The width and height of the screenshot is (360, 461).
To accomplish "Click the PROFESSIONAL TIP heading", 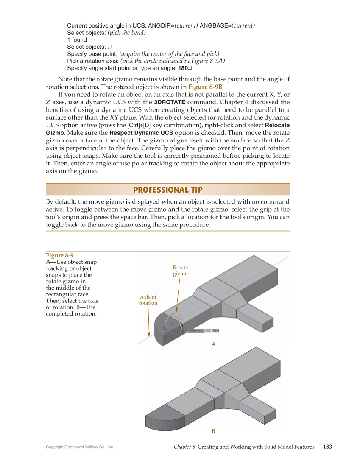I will [x=168, y=190].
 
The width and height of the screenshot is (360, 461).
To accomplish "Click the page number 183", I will [x=327, y=447].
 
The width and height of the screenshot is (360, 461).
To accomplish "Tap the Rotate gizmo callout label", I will [x=180, y=271].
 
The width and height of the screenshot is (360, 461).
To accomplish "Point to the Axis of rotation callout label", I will [x=148, y=300].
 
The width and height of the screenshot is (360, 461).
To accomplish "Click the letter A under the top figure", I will [x=214, y=344].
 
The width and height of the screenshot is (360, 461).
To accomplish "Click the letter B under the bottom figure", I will [x=214, y=431].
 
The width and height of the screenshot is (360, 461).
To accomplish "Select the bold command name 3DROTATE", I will [x=169, y=102].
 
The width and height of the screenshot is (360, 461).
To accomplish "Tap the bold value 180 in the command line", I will [x=183, y=68].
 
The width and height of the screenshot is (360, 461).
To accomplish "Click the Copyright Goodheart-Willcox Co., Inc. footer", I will [x=80, y=447].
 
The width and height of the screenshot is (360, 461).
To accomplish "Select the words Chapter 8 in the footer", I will [x=184, y=447].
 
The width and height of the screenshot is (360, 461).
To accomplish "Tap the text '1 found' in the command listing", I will [x=77, y=40].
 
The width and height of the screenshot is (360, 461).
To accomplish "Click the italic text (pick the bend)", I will [x=127, y=33].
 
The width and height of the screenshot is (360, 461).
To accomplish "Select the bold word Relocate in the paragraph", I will [x=277, y=126].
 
